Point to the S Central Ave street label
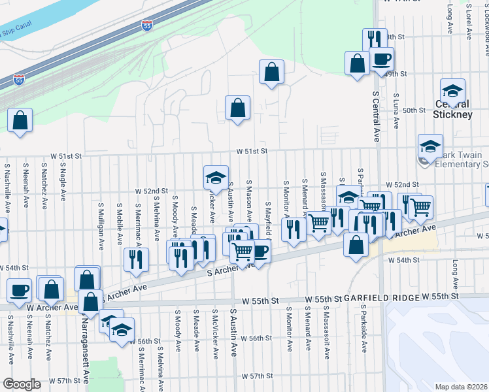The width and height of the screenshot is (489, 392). coord(375,116)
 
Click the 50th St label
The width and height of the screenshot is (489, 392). coord(414,110)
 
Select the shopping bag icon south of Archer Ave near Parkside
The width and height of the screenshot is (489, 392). coord(356,246)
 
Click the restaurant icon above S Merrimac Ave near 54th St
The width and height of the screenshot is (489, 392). coord(136,259)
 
